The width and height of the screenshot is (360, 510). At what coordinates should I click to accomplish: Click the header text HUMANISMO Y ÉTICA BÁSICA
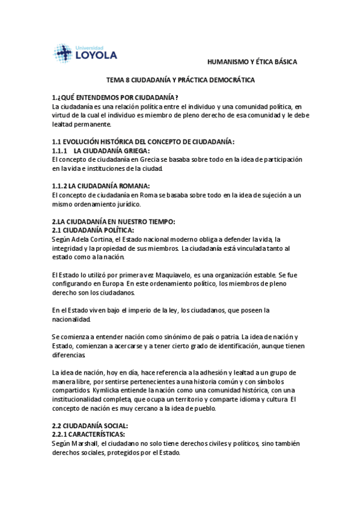click(252, 61)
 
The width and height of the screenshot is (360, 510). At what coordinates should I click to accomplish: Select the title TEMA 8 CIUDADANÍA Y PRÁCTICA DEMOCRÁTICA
click(180, 80)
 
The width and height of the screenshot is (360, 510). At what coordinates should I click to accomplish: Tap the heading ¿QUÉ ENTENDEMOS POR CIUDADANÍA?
click(118, 98)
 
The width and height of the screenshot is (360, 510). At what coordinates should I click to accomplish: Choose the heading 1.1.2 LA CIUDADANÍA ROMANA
click(100, 186)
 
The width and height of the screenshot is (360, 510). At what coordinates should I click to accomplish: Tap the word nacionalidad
click(72, 319)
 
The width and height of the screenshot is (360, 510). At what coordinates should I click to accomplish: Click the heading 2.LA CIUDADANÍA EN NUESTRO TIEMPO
click(113, 222)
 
